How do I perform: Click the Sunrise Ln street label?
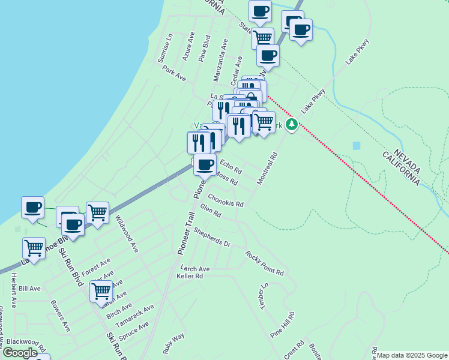pos(165,49)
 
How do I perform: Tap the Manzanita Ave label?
pos(221,60)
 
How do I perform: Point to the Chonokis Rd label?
pos(226,200)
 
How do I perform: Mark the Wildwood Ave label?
pos(127,233)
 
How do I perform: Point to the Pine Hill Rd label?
pos(282,324)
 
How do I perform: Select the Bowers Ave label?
pos(61,316)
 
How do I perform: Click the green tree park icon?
pos(292,125)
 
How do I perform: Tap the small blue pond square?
pos(357,146)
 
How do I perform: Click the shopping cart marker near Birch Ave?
pos(101,291)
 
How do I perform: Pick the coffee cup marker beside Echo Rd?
pos(205,163)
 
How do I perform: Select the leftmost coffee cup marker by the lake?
pos(33,207)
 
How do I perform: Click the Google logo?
pos(20,353)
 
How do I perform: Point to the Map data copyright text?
pos(412,355)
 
